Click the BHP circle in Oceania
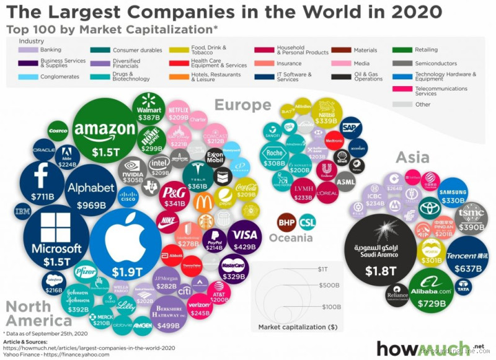click(x=286, y=221)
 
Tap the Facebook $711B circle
click(x=41, y=183)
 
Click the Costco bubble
click(x=58, y=131)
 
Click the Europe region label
click(x=242, y=105)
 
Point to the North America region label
click(x=39, y=314)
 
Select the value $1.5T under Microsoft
click(x=56, y=263)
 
